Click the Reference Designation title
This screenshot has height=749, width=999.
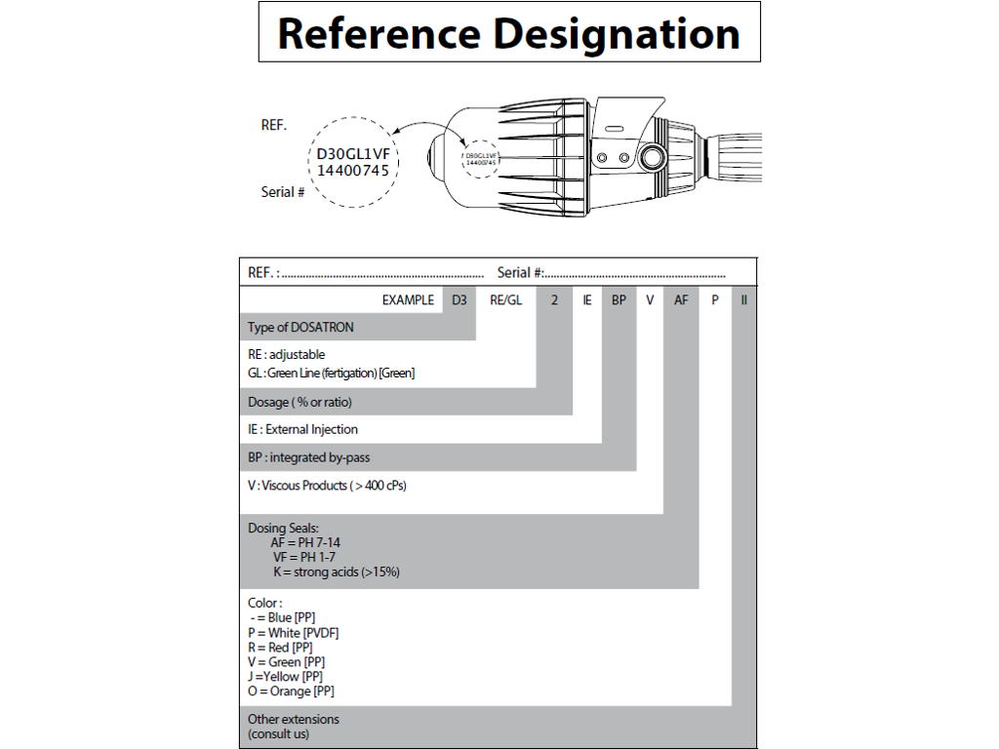click(508, 33)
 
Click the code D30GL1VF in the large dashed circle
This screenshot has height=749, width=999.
click(353, 153)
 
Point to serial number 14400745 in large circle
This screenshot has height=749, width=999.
click(353, 170)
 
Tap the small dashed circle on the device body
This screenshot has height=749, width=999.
click(480, 158)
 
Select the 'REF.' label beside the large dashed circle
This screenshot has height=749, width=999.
click(273, 125)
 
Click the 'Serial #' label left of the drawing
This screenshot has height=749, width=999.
click(283, 192)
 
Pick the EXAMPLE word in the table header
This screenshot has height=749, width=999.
click(408, 299)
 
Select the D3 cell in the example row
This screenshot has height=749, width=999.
click(459, 299)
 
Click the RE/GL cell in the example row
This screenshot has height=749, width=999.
click(505, 299)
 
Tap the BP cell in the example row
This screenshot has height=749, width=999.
click(619, 299)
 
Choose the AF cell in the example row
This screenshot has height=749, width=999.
click(681, 299)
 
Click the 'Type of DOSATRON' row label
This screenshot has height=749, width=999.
click(300, 327)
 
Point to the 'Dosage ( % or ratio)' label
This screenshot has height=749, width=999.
click(300, 402)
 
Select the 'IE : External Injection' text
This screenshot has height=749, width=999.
click(302, 429)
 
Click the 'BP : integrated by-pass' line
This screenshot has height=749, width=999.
click(308, 457)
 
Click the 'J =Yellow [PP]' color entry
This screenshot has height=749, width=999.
click(285, 676)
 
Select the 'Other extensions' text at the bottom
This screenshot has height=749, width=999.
click(294, 719)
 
